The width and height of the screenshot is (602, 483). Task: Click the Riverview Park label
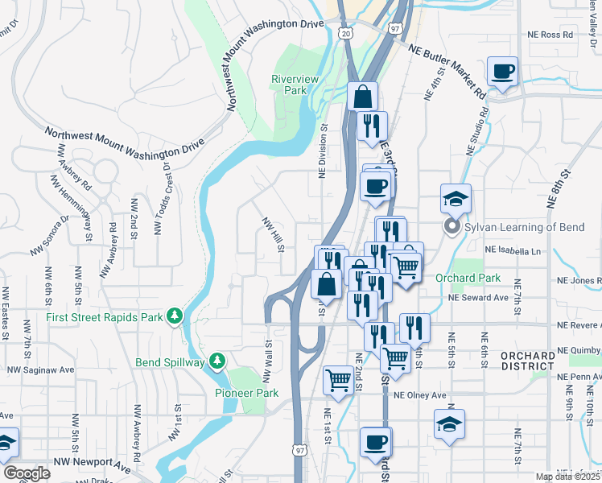point(295,85)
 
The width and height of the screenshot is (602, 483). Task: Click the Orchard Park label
point(468,279)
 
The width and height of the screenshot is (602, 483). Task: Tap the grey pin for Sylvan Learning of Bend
point(451,228)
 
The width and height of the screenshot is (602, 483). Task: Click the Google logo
point(27,473)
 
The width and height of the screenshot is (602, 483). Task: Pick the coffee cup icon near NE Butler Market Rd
point(503,72)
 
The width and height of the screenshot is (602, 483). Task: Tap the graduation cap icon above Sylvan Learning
point(456,198)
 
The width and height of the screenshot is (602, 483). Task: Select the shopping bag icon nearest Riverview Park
point(363,97)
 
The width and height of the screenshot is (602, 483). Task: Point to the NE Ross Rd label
point(550,35)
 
